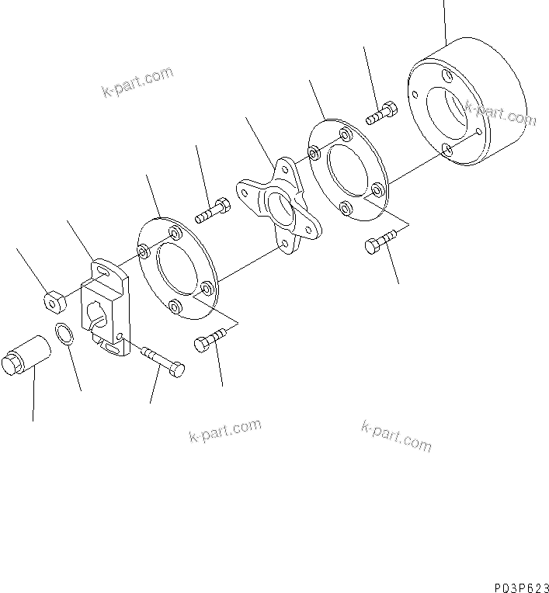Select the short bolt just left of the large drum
pyautogui.click(x=381, y=114)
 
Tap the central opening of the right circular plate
pyautogui.click(x=349, y=175)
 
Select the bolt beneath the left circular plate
pyautogui.click(x=209, y=341)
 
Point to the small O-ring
pyautogui.click(x=64, y=336)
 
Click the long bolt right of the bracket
pyautogui.click(x=162, y=359)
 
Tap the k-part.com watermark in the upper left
pyautogui.click(x=137, y=83)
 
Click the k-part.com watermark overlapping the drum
pyautogui.click(x=500, y=114)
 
